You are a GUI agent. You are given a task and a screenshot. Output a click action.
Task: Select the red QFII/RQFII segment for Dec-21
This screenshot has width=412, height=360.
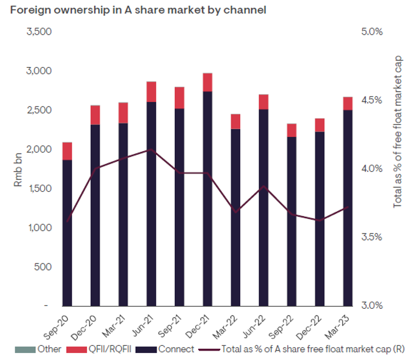pyautogui.click(x=207, y=82)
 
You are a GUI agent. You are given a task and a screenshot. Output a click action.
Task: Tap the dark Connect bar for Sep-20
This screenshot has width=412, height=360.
pyautogui.click(x=67, y=232)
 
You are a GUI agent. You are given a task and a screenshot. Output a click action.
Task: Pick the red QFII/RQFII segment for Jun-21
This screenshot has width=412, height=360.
pyautogui.click(x=151, y=92)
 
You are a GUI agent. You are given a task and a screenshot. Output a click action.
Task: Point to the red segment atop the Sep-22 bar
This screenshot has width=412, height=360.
pyautogui.click(x=291, y=130)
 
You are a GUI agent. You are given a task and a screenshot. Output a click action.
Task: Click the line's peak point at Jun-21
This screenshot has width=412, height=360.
pyautogui.click(x=151, y=149)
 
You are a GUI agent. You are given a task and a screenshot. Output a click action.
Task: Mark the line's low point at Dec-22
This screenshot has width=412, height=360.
pyautogui.click(x=320, y=221)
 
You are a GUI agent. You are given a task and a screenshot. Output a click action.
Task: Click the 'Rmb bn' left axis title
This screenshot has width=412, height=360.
pyautogui.click(x=18, y=168)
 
